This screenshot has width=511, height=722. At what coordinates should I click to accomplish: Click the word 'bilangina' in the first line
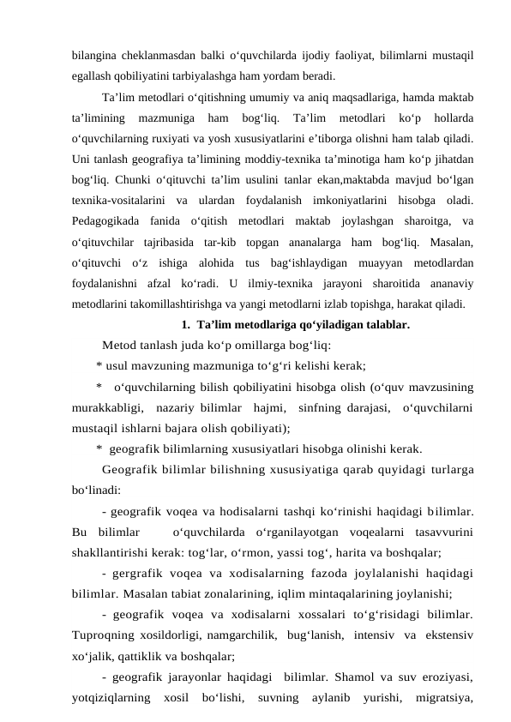94,56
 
